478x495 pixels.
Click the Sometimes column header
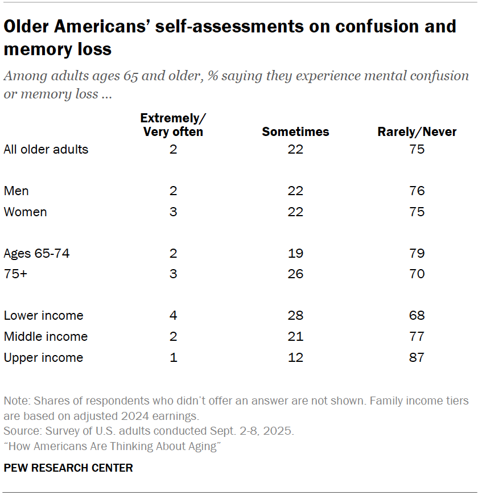pyautogui.click(x=295, y=132)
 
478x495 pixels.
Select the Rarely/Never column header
pyautogui.click(x=417, y=132)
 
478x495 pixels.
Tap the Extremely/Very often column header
pyautogui.click(x=173, y=125)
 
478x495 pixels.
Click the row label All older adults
pyautogui.click(x=46, y=150)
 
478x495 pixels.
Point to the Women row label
pyautogui.click(x=25, y=212)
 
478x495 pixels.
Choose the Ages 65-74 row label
pyautogui.click(x=37, y=253)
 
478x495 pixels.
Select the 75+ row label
pyautogui.click(x=15, y=274)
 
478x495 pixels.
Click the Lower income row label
pyautogui.click(x=43, y=315)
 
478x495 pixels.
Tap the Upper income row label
pyautogui.click(x=43, y=357)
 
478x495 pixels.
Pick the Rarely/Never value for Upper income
pyautogui.click(x=417, y=357)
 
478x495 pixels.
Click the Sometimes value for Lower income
pyautogui.click(x=295, y=315)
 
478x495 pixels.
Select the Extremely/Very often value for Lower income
pyautogui.click(x=173, y=315)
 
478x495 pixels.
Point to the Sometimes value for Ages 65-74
pyautogui.click(x=295, y=253)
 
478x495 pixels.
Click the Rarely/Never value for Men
pyautogui.click(x=417, y=191)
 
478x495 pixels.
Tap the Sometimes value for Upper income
pyautogui.click(x=295, y=357)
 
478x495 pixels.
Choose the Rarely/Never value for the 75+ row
pyautogui.click(x=417, y=274)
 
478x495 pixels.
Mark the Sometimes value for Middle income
pyautogui.click(x=295, y=336)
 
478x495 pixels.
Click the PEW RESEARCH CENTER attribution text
pyautogui.click(x=68, y=468)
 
